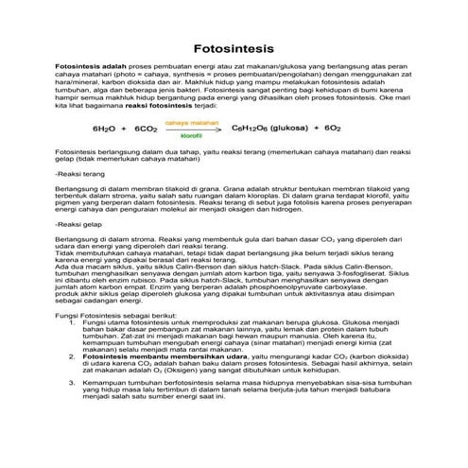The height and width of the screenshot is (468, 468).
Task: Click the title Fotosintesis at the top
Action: coord(234,46)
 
